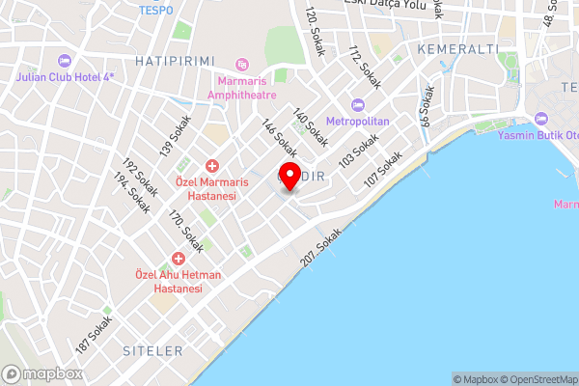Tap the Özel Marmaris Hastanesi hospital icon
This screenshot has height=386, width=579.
[x=211, y=167]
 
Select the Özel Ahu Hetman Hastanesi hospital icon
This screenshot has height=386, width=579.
[x=178, y=259]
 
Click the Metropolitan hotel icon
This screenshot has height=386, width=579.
[x=358, y=105]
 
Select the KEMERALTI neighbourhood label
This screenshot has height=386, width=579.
[x=457, y=48]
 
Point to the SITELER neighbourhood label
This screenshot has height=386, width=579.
[x=152, y=349]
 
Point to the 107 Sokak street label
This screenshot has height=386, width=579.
[x=382, y=171]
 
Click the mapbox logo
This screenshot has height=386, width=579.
[x=41, y=373]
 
